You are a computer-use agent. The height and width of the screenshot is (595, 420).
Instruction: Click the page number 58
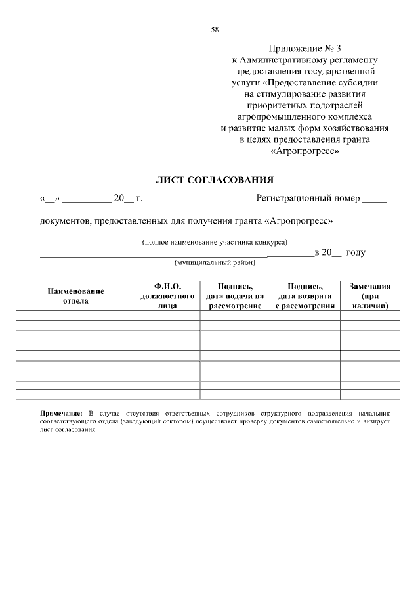[x=215, y=29]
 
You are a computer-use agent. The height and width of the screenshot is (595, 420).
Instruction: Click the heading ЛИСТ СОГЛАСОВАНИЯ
[x=213, y=180]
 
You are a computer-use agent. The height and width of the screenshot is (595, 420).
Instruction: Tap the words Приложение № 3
[x=305, y=49]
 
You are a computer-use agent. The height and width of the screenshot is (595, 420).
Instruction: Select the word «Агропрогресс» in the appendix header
[x=305, y=151]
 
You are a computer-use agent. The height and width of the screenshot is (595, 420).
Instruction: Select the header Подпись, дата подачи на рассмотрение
[x=235, y=296]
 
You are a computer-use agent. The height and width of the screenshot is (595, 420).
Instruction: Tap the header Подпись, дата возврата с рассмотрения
[x=304, y=296]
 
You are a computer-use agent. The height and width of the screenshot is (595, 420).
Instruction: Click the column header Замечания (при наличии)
[x=370, y=296]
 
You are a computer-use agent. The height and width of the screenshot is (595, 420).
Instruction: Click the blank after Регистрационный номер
[x=375, y=199]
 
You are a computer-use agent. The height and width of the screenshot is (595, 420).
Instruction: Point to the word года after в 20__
[x=355, y=252]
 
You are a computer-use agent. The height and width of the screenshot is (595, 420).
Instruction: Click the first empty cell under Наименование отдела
[x=75, y=316]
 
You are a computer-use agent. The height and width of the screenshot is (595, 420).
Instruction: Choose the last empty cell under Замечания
[x=370, y=394]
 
